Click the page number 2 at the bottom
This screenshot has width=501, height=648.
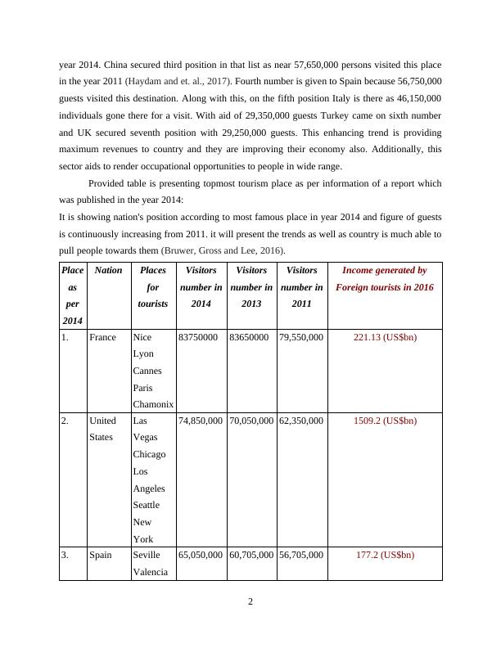[x=250, y=602]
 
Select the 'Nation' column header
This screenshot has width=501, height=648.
[x=108, y=270]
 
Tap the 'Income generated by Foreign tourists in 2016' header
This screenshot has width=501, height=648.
[x=384, y=278]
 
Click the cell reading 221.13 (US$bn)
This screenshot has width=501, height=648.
[x=384, y=337]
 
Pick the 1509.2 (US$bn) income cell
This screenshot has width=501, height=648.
[x=384, y=421]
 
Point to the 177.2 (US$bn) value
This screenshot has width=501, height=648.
[x=384, y=555]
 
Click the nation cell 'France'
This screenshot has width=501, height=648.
[x=102, y=337]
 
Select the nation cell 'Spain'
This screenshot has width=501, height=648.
[x=100, y=555]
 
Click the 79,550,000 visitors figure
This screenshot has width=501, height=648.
[x=301, y=337]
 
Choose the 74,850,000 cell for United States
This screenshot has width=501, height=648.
[x=200, y=421]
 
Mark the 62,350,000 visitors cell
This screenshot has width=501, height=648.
[x=301, y=421]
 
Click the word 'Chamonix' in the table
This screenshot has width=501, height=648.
[x=153, y=404]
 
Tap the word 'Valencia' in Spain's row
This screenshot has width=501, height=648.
[x=150, y=572]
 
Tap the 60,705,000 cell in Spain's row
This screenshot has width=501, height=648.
[x=250, y=555]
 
